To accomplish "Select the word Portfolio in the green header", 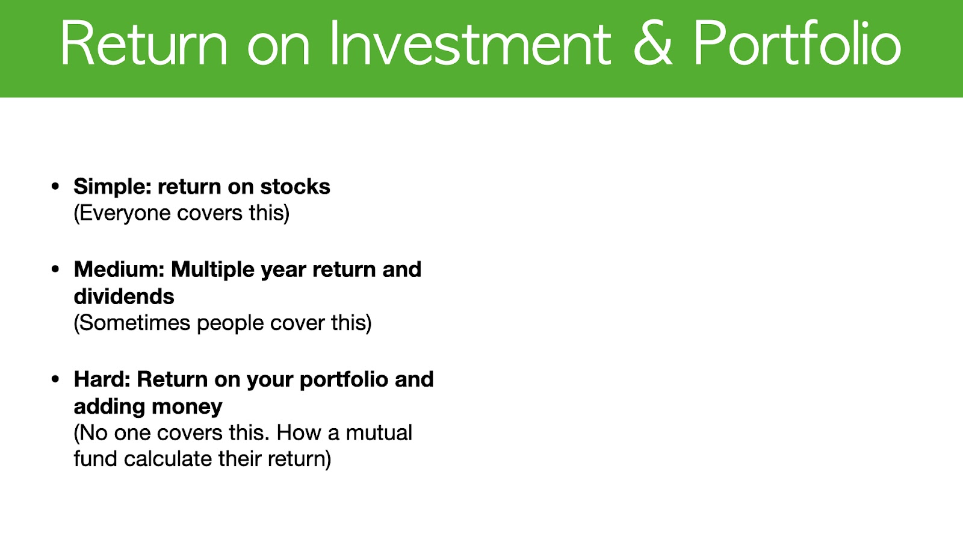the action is click(x=797, y=43).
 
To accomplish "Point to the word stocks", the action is click(x=295, y=187).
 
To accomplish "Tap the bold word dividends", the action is click(x=124, y=296).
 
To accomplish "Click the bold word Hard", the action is click(x=102, y=379).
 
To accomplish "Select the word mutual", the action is click(x=379, y=433).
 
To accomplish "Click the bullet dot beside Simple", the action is click(x=55, y=187).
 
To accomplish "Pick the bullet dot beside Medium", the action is click(x=55, y=270).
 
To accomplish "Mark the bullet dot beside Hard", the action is click(x=55, y=379).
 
